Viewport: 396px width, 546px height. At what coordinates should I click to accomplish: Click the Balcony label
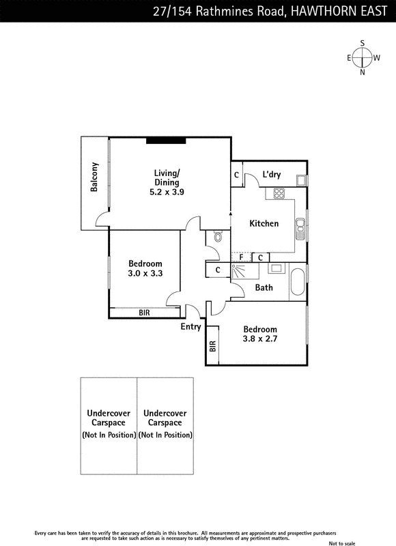tap(94, 177)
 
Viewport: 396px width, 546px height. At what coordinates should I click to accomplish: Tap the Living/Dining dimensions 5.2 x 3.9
tap(167, 192)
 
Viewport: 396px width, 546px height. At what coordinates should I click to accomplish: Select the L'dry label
tap(271, 174)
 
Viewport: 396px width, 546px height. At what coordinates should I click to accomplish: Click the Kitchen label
tap(264, 223)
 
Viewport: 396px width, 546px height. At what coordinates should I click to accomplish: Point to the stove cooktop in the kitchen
tap(279, 193)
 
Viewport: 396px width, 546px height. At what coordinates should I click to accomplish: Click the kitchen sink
tap(300, 229)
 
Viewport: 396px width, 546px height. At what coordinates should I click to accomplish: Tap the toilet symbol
tap(218, 236)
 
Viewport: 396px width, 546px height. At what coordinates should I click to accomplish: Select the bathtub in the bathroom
tap(298, 282)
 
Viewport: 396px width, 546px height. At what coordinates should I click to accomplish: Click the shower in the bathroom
tap(245, 271)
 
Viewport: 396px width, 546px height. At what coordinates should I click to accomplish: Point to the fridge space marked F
tap(242, 257)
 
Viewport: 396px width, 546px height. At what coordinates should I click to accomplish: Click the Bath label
tap(264, 287)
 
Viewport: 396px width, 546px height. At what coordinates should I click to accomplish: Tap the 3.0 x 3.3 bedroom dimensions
tap(145, 274)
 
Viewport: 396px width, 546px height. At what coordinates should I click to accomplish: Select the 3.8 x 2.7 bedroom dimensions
tap(260, 339)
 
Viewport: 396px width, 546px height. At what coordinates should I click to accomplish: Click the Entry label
tap(190, 327)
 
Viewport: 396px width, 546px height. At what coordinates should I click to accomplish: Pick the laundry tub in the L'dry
tap(300, 180)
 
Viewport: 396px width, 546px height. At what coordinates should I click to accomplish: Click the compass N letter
tap(363, 72)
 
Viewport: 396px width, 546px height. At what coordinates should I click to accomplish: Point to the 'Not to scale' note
tap(342, 543)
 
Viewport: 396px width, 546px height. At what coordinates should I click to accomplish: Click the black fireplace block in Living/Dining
tap(166, 141)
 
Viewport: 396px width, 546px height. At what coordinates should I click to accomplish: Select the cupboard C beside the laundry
tap(236, 175)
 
